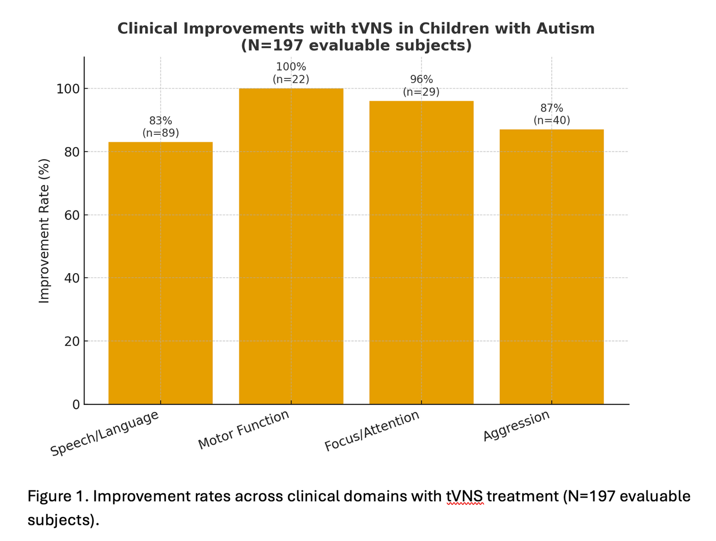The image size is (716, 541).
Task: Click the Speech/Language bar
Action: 160,273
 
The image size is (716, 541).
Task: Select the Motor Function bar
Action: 291,246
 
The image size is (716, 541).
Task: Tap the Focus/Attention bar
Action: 421,253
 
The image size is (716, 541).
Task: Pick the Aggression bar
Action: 551,267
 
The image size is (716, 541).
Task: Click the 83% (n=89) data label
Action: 160,127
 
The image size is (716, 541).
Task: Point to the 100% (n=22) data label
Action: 291,73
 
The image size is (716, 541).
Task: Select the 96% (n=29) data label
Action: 421,86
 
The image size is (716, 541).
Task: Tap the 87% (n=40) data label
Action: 551,114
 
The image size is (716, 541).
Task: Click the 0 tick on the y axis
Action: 76,404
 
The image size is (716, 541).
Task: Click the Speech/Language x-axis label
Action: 105,433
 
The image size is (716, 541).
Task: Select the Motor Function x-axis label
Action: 244,429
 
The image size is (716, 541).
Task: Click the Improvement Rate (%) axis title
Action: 44,231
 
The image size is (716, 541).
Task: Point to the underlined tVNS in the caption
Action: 465,497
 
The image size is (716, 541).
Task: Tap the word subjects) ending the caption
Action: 63,520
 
